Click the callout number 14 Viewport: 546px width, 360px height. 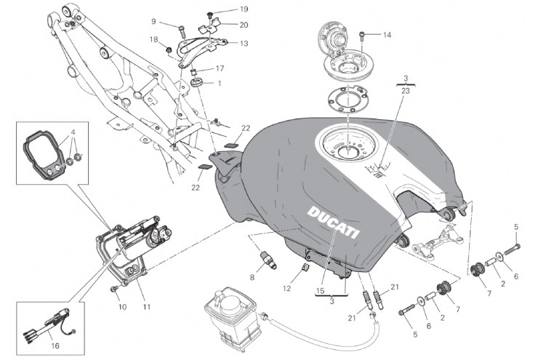coord(387,34)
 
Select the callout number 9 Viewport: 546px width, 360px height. coord(154,21)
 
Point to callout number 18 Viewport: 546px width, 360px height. coord(154,39)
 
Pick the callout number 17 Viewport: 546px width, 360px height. coord(220,68)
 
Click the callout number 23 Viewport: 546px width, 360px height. coord(406,91)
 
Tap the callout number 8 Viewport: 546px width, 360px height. coord(252,276)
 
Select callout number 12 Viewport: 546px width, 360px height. coord(288,289)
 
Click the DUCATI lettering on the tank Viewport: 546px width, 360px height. coord(333,222)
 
